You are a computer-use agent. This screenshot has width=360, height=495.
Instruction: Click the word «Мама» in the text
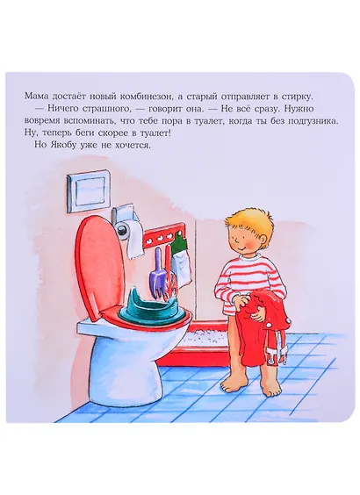click(x=35, y=96)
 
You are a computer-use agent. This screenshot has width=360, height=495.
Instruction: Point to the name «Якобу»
click(x=59, y=145)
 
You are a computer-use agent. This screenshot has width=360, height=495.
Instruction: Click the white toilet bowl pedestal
click(x=129, y=365)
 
